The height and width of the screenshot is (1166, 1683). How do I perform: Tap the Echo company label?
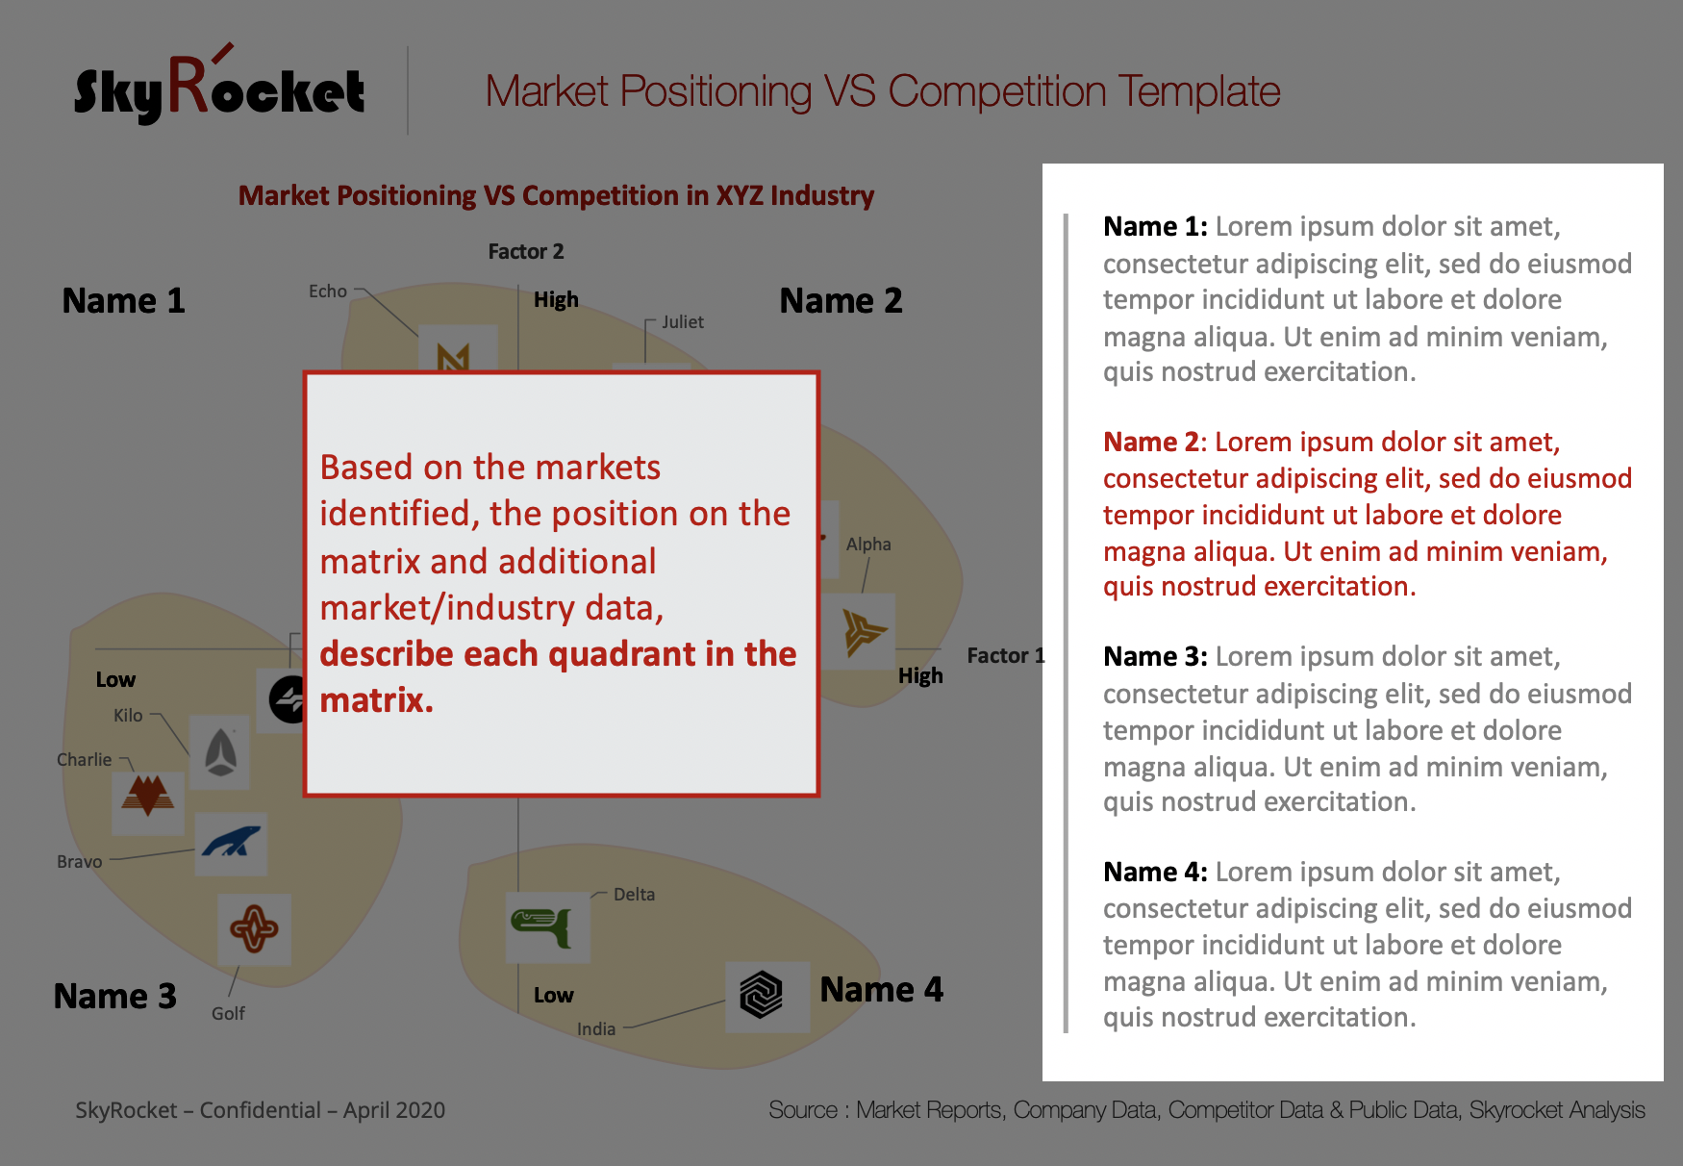[x=328, y=291]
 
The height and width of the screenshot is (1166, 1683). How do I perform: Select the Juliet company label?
[x=683, y=321]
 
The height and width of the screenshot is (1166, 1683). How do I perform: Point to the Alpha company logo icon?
[x=863, y=631]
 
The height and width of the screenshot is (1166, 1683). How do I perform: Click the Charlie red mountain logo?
[x=147, y=796]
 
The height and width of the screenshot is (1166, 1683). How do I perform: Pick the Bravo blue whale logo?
[x=231, y=843]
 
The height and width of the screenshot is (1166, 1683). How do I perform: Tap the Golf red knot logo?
[x=254, y=929]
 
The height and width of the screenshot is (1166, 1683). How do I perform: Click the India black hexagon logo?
[x=761, y=995]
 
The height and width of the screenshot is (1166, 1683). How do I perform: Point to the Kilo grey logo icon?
[x=221, y=752]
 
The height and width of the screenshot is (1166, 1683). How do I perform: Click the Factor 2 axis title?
[x=526, y=251]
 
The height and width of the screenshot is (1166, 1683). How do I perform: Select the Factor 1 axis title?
[x=1006, y=655]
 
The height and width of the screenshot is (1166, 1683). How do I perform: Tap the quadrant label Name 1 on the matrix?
[x=123, y=300]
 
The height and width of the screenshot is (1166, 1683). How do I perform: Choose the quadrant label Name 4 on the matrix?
[x=882, y=989]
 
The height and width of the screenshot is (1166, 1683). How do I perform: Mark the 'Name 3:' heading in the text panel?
[x=1155, y=656]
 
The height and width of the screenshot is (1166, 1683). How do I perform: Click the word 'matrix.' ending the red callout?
[x=377, y=699]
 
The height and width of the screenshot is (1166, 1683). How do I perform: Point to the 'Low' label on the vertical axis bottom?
[x=554, y=995]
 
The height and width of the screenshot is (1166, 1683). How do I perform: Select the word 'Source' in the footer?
[x=803, y=1110]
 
